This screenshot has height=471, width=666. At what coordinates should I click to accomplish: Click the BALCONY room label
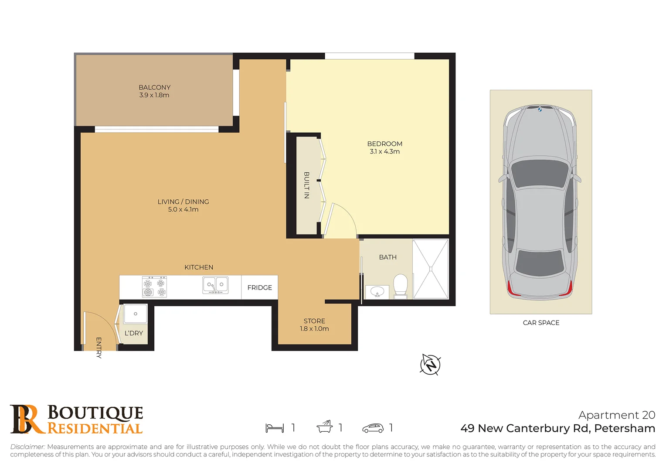tap(154, 87)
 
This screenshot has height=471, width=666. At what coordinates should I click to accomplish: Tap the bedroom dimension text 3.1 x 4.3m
tap(384, 152)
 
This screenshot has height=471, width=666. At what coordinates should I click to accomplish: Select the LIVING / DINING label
tap(183, 201)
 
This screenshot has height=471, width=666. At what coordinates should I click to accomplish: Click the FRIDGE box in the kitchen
tap(259, 287)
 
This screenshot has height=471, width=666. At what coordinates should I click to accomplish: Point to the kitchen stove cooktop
tap(154, 287)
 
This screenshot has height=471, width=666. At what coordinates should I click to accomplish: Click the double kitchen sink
tap(215, 285)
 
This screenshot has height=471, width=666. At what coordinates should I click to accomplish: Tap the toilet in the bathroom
tap(400, 285)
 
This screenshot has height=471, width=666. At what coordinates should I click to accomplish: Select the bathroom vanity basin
tap(377, 291)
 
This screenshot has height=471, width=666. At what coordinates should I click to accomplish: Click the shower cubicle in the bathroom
tap(430, 269)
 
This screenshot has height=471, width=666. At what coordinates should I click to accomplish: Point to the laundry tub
tap(136, 314)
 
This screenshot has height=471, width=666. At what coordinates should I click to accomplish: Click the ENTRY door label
tap(99, 348)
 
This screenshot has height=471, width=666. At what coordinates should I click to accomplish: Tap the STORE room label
tap(314, 321)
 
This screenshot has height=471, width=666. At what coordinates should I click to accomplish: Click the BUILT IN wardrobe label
tap(307, 185)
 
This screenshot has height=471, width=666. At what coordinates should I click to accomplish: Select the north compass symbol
tap(430, 364)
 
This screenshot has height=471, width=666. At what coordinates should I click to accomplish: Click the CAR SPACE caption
tap(540, 323)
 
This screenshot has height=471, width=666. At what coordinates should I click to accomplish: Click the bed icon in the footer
tap(275, 428)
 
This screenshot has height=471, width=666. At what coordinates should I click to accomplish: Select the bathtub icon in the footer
tap(325, 427)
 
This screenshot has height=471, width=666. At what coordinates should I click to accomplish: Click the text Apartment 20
tap(616, 415)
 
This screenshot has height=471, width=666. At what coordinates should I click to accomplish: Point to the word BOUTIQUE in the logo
tap(95, 413)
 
